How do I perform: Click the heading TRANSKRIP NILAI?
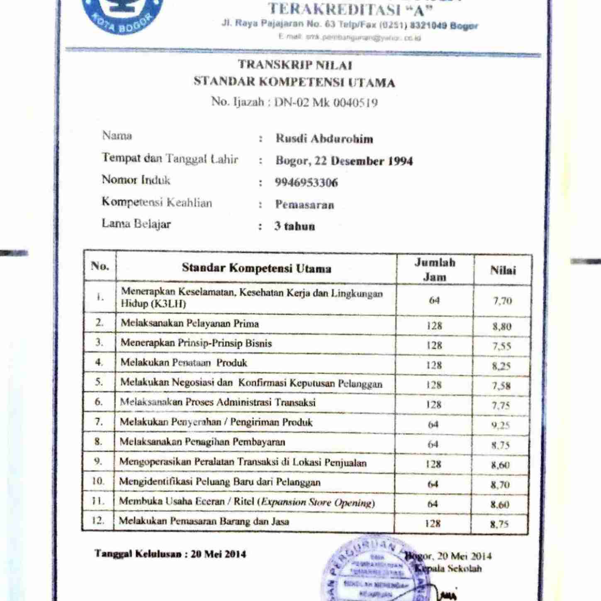click(x=295, y=65)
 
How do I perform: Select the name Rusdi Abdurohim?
click(x=324, y=139)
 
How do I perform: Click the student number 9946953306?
click(x=306, y=182)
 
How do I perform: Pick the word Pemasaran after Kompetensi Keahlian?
click(x=304, y=204)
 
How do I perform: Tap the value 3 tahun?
click(x=294, y=226)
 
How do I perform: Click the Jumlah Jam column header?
click(x=434, y=269)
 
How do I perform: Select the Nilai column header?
click(x=503, y=270)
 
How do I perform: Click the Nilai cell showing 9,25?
click(x=501, y=425)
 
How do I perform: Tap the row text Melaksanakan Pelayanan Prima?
click(x=190, y=324)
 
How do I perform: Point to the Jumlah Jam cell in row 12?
click(x=432, y=523)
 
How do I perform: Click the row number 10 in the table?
click(x=98, y=481)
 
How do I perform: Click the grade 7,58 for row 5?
click(x=501, y=386)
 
